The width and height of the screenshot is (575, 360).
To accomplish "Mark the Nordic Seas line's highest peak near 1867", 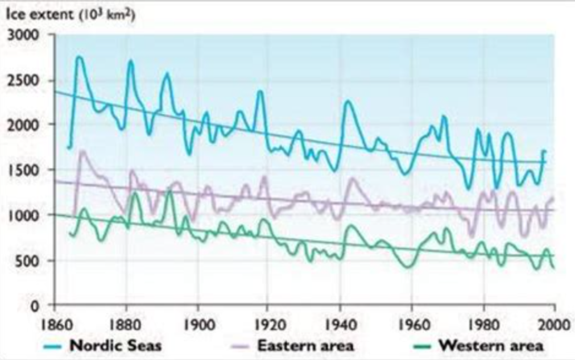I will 80,57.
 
